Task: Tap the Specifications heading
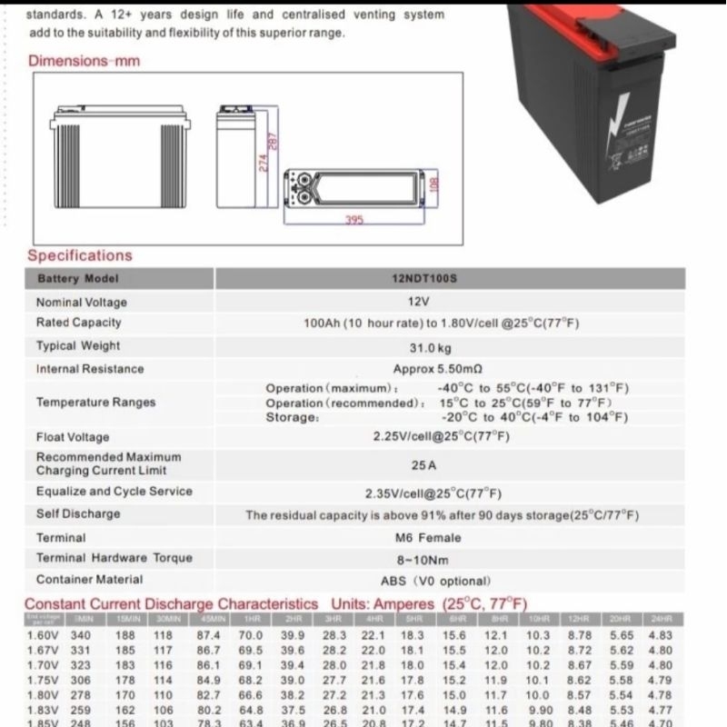click(x=79, y=255)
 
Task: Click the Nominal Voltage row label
click(x=81, y=302)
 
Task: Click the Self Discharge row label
click(x=77, y=513)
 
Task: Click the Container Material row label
click(x=89, y=579)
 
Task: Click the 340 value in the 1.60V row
click(x=81, y=636)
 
